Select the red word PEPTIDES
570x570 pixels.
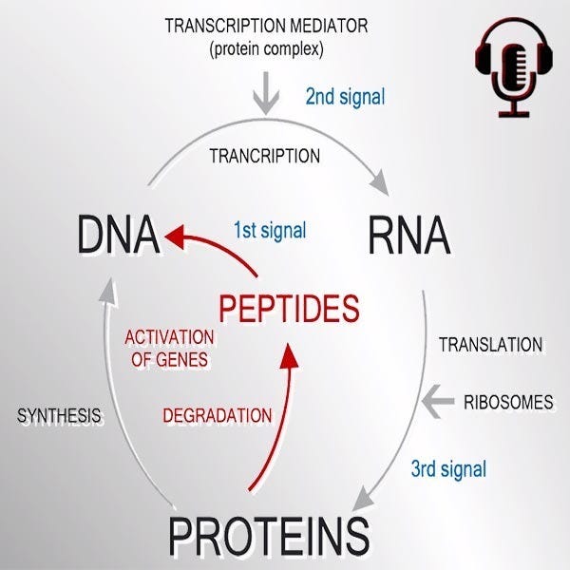[x=289, y=309]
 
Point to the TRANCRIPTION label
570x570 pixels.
[x=264, y=155]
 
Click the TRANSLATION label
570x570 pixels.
[x=490, y=345]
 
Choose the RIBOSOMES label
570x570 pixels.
[x=507, y=402]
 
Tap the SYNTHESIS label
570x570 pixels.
[x=59, y=416]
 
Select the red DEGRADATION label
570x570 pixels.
[x=218, y=415]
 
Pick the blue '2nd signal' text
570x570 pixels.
[x=345, y=97]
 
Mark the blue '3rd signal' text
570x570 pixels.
[x=448, y=468]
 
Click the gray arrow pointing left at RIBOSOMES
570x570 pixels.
[x=437, y=402]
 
